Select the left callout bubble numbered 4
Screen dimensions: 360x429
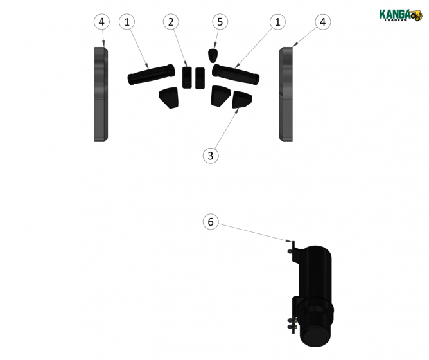pos(101,22)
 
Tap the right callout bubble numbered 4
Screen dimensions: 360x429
pos(323,22)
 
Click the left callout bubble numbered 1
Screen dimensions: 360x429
pos(127,22)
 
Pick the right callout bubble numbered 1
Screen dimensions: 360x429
pos(277,22)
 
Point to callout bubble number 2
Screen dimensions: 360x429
pos(170,22)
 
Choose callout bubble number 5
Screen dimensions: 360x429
pos(220,22)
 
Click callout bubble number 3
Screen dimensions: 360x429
pos(210,155)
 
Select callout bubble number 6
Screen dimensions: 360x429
pos(210,222)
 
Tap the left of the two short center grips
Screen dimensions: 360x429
pos(187,77)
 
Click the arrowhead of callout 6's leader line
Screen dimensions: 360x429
pos(291,242)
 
